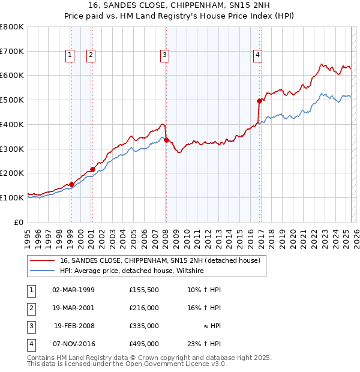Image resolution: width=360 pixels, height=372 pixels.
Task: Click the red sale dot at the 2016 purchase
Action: [x=260, y=101]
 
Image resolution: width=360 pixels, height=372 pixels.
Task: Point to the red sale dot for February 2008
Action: [x=166, y=140]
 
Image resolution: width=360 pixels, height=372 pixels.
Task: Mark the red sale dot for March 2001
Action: [x=92, y=169]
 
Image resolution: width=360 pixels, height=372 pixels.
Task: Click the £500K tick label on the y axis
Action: [x=12, y=100]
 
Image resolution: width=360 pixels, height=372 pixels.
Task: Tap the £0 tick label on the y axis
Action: [x=18, y=222]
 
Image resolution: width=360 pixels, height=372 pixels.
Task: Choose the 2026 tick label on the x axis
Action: [x=355, y=236]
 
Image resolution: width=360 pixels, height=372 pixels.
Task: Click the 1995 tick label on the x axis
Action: [x=28, y=236]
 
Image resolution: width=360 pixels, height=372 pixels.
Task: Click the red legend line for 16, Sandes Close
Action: [x=41, y=261]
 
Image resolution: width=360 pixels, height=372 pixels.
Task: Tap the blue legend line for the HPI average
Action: [x=41, y=271]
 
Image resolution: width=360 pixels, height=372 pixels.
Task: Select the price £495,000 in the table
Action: [x=144, y=344]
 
